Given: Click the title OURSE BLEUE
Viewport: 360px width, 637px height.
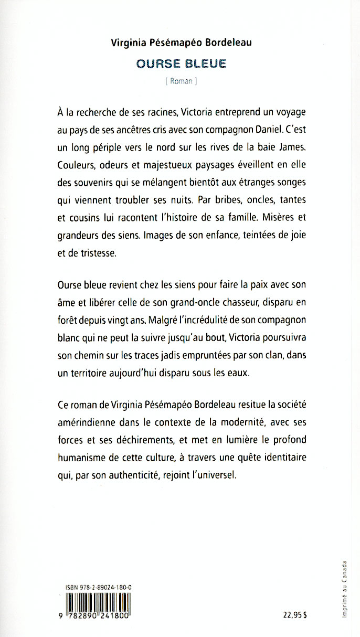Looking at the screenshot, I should tap(181, 63).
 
